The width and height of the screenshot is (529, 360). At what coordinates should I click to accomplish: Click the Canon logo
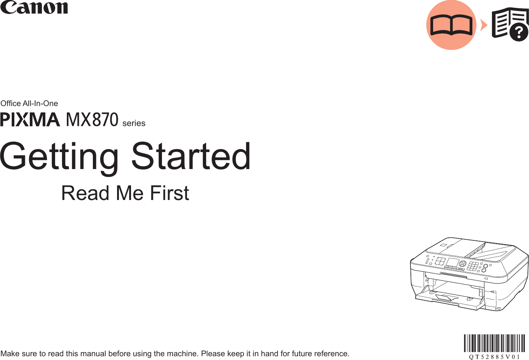34,7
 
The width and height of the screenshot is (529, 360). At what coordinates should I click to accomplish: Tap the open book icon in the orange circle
451,25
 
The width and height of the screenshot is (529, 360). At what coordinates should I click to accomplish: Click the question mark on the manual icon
519,33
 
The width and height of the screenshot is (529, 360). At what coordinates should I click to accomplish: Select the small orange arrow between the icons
484,25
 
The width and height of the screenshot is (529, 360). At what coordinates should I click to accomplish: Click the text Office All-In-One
29,103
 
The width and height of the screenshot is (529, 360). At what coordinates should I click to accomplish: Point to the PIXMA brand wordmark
30,120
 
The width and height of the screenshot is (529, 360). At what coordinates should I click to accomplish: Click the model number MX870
92,120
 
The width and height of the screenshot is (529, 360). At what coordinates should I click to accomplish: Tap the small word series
134,123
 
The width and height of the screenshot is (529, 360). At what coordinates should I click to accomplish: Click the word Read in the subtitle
85,193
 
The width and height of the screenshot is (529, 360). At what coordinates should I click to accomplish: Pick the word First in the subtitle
170,193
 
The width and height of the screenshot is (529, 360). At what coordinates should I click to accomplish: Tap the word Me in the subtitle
130,193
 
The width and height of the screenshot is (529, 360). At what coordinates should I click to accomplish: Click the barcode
495,343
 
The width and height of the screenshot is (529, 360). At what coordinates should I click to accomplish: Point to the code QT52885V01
495,357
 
